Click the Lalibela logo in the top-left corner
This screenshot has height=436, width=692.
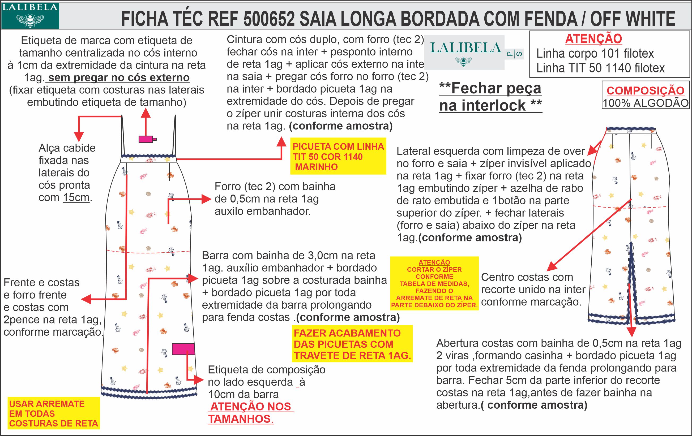[x=30, y=15]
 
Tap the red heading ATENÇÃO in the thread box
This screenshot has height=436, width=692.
[x=593, y=39]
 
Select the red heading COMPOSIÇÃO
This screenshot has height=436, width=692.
[x=645, y=90]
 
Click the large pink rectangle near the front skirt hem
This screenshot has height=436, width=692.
[x=183, y=349]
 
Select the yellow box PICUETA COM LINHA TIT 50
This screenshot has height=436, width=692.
[x=338, y=157]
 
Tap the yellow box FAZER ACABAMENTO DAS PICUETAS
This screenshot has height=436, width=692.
[x=352, y=344]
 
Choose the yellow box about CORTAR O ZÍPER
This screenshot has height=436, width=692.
[x=434, y=283]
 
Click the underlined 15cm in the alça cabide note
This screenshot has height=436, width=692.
[x=76, y=198]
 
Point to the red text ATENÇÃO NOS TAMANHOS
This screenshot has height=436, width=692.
[x=251, y=412]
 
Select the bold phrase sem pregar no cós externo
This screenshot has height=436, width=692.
[x=119, y=77]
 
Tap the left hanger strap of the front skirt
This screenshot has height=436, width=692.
[x=123, y=135]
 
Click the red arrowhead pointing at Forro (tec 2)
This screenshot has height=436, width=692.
[x=207, y=199]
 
